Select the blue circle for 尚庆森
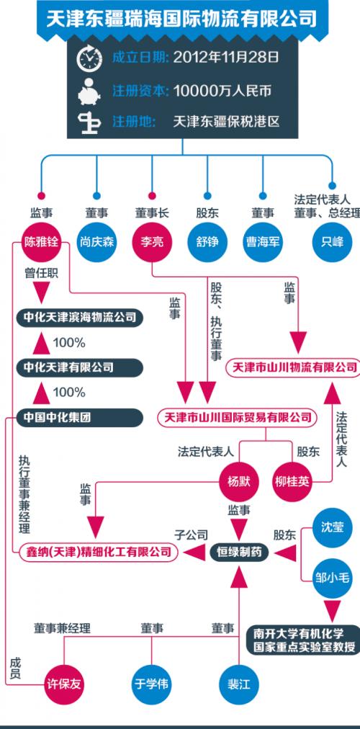coord(96,241)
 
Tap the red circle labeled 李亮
coord(152,241)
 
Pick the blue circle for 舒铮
coord(207,241)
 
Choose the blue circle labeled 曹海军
coord(263,241)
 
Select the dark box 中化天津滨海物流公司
coord(79,316)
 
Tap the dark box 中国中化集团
coord(79,417)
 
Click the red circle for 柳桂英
coord(293,481)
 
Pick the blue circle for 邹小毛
coord(333,577)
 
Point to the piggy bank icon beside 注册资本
coord(92,92)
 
